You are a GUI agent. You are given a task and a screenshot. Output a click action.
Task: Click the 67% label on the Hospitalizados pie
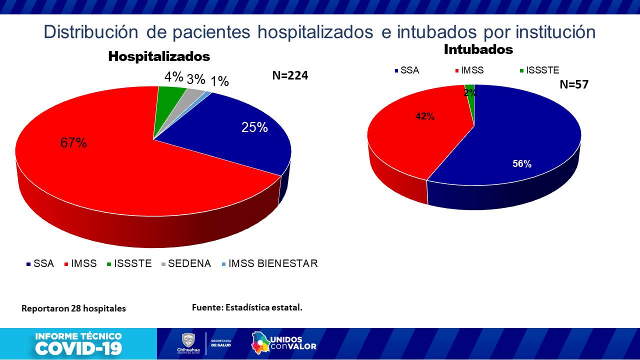[73, 143]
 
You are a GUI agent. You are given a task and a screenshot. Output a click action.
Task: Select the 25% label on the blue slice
[254, 127]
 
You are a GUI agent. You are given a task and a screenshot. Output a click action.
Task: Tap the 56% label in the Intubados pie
[521, 163]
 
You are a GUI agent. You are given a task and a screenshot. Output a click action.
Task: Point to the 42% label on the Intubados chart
[425, 116]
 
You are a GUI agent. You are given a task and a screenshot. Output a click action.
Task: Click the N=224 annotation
[290, 75]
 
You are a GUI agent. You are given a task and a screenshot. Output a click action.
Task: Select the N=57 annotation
[573, 84]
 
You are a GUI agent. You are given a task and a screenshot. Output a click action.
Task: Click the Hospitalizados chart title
[159, 56]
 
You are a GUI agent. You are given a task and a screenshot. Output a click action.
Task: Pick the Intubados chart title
[478, 49]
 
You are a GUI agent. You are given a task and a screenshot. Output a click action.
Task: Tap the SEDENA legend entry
[189, 263]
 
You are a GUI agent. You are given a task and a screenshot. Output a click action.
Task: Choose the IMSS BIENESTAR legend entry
[272, 263]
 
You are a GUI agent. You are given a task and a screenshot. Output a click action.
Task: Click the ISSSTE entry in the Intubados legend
[542, 70]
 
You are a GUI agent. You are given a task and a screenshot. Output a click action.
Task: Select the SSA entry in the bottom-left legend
[43, 263]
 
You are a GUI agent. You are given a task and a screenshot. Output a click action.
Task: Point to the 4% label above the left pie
[174, 77]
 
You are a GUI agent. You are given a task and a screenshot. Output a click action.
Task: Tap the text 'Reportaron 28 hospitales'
[73, 308]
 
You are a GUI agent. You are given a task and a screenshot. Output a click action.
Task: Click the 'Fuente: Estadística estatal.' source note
[247, 307]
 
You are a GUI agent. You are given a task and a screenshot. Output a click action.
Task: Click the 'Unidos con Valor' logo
[283, 342]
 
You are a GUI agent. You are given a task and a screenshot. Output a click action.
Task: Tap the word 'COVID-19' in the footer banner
[78, 348]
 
